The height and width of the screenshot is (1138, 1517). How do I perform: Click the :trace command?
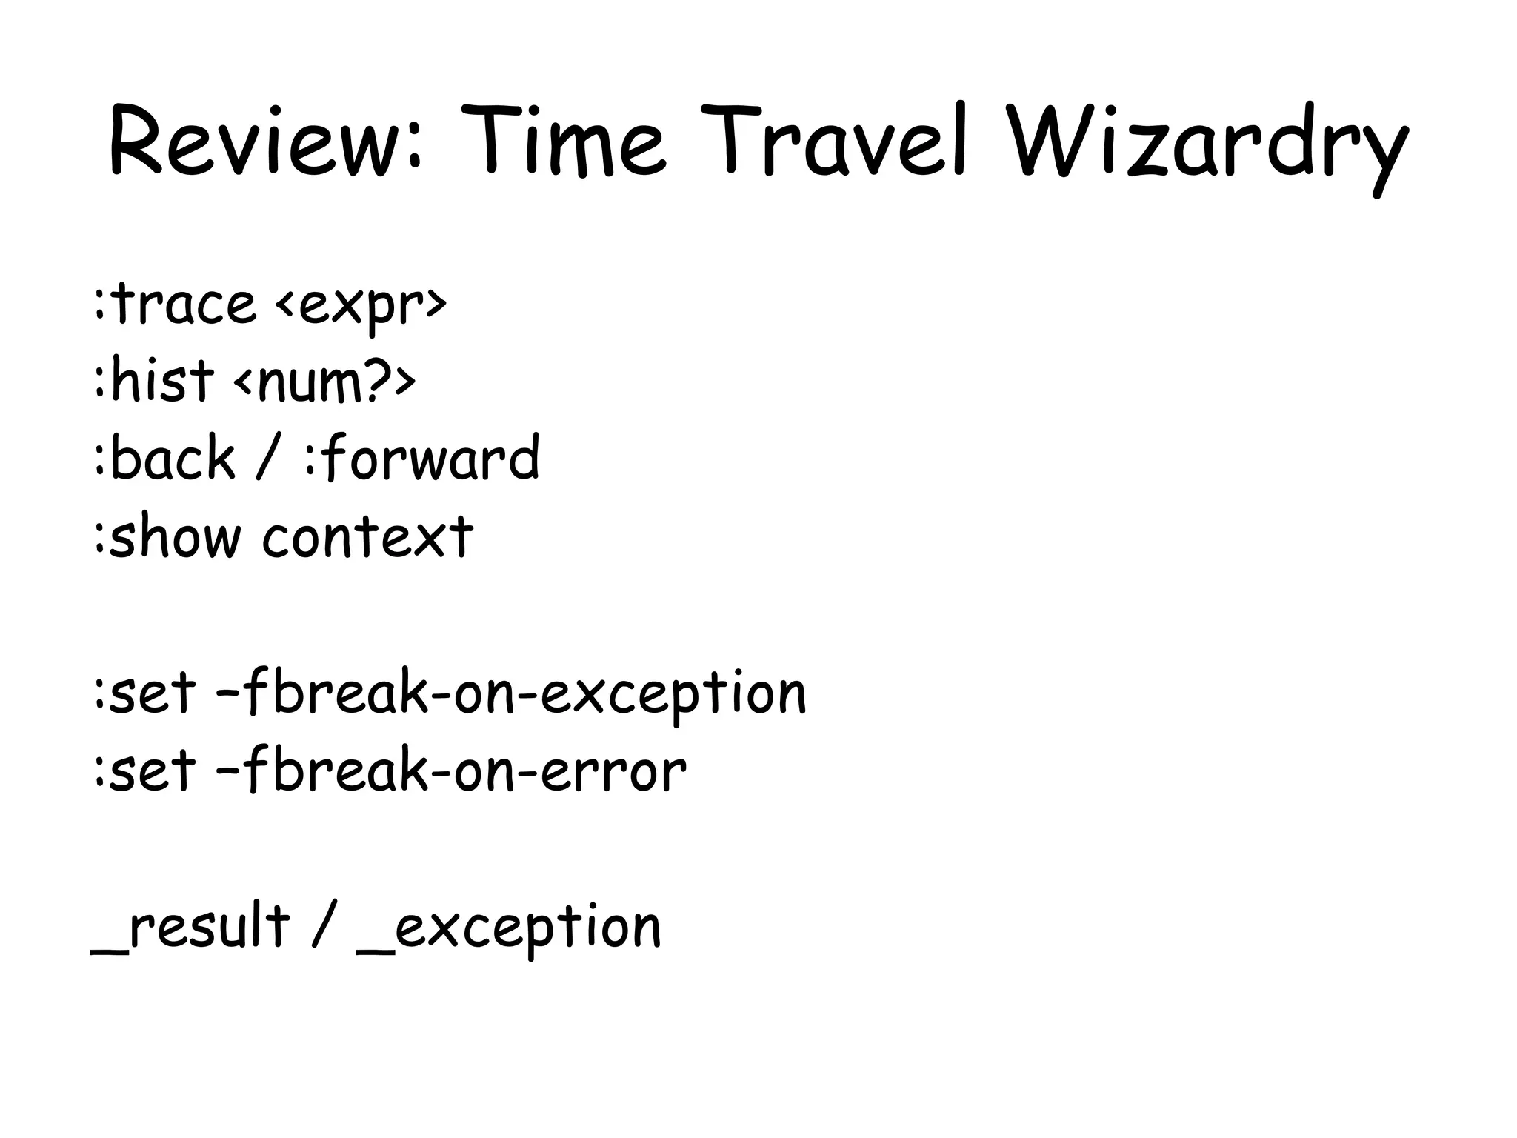point(175,304)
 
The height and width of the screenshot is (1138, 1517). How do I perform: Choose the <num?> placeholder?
point(324,382)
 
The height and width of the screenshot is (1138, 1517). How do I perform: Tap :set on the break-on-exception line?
point(144,693)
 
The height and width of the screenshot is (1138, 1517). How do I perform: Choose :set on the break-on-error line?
point(144,771)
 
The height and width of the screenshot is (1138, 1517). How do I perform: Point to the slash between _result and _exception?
point(323,926)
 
